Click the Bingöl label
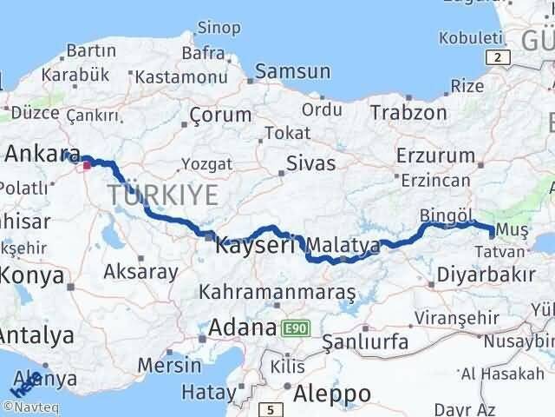444,214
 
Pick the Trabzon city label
408,112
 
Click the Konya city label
32,276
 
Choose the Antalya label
36,335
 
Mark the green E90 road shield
294,329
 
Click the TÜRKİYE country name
162,195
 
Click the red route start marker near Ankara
88,162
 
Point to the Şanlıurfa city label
364,341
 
